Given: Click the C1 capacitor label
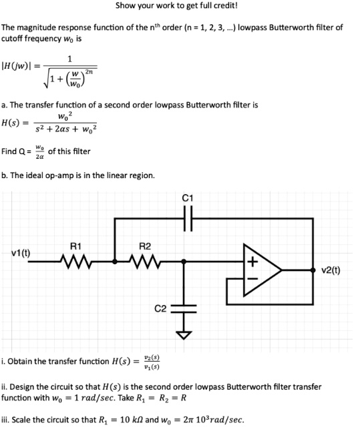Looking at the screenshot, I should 187,197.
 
